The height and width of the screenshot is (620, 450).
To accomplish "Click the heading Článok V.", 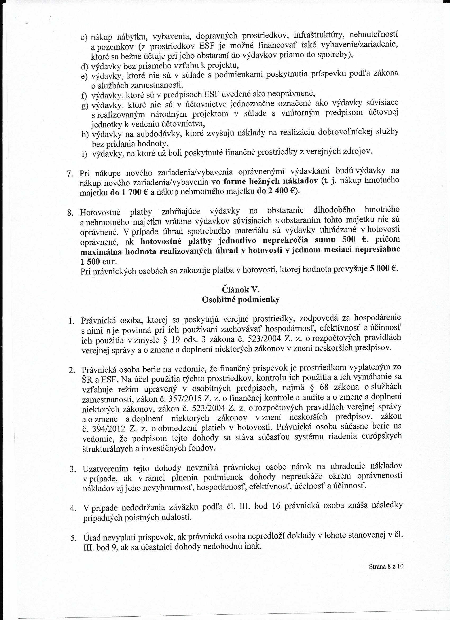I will pos(240,289).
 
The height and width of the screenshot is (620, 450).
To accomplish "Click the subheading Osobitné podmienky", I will pos(240,300).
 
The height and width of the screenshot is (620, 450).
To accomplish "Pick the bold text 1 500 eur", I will pos(98,262).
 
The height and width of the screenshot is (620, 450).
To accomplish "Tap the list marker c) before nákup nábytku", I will pos(84,37).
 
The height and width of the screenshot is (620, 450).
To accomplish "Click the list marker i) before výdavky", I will pos(84,154).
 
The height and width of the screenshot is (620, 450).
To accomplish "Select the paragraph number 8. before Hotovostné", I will pos(70,212).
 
